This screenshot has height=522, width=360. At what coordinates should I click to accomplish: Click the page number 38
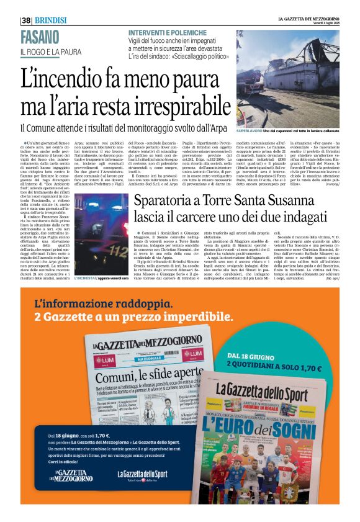click(26, 20)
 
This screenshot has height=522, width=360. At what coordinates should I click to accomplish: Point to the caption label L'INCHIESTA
click(86, 278)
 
